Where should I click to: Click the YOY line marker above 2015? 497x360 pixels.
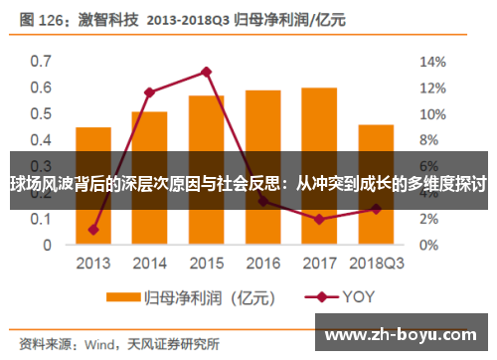tap(206, 72)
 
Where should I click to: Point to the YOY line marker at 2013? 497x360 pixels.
tap(93, 230)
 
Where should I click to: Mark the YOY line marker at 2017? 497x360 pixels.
tap(319, 219)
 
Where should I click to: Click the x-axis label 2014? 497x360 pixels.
tap(149, 264)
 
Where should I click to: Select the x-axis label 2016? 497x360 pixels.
tap(262, 264)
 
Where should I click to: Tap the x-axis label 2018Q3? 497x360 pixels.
tap(376, 264)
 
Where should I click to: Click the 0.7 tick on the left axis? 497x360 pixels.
tap(40, 61)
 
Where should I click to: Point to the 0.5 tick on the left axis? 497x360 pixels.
tap(40, 113)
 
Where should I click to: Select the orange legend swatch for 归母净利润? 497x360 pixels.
tap(123, 296)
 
